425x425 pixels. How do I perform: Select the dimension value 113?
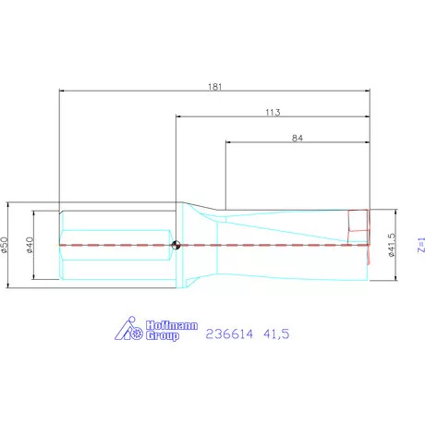tap(273, 111)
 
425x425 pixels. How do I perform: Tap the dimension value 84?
tap(297, 138)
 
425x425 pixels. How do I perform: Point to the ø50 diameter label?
tap(5, 245)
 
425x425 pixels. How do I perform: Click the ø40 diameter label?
tap(30, 245)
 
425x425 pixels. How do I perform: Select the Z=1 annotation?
tap(419, 245)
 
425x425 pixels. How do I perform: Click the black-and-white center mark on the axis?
tap(176, 245)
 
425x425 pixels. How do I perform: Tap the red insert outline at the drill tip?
tap(358, 221)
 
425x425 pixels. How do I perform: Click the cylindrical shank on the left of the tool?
tap(115, 245)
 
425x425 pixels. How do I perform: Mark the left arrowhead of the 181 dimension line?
tap(62, 91)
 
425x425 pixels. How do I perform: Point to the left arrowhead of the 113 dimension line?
tap(179, 116)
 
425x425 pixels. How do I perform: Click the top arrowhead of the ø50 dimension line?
tap(10, 206)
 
